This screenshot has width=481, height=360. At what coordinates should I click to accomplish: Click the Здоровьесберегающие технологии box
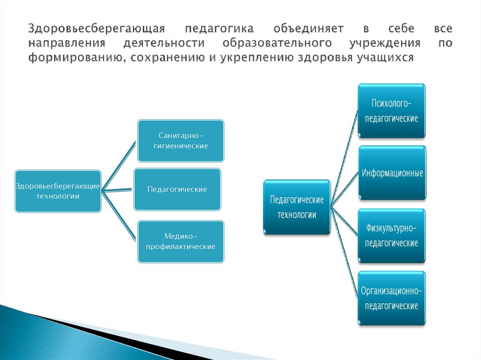coord(58,191)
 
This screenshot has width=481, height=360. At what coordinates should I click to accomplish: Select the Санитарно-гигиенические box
coord(181,140)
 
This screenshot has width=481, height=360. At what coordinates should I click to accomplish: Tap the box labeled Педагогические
coord(177,189)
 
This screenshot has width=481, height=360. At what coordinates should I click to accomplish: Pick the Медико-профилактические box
coord(181,241)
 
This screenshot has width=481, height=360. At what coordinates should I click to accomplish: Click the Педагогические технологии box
coord(296,207)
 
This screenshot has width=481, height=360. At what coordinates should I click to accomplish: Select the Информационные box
coord(392,173)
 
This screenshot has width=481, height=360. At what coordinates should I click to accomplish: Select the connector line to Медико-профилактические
coord(120,216)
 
